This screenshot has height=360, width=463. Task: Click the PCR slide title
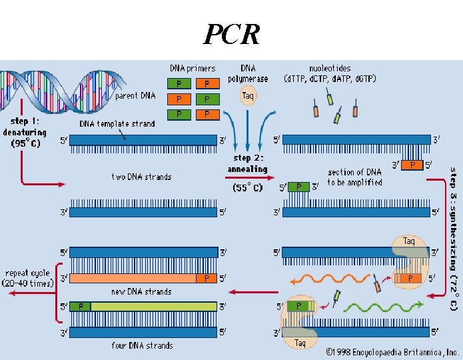coord(232,33)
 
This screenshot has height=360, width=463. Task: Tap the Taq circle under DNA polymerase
coord(248,96)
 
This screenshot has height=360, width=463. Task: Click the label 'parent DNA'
coord(135,95)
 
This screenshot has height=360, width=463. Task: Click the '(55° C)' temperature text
coord(248,188)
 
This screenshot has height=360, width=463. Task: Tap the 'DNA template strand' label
coord(117,123)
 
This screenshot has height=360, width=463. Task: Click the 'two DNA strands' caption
coord(141,177)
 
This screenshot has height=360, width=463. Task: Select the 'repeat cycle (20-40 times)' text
coord(29,278)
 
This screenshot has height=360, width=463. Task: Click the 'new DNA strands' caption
coord(141,291)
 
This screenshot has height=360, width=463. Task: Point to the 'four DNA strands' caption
coord(142,345)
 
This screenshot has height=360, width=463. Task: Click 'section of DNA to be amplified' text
coord(354,177)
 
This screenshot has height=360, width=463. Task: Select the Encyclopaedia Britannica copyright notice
coord(392,351)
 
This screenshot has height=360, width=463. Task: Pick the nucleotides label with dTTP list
coord(330,73)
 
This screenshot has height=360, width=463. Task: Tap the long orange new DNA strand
coord(133,277)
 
